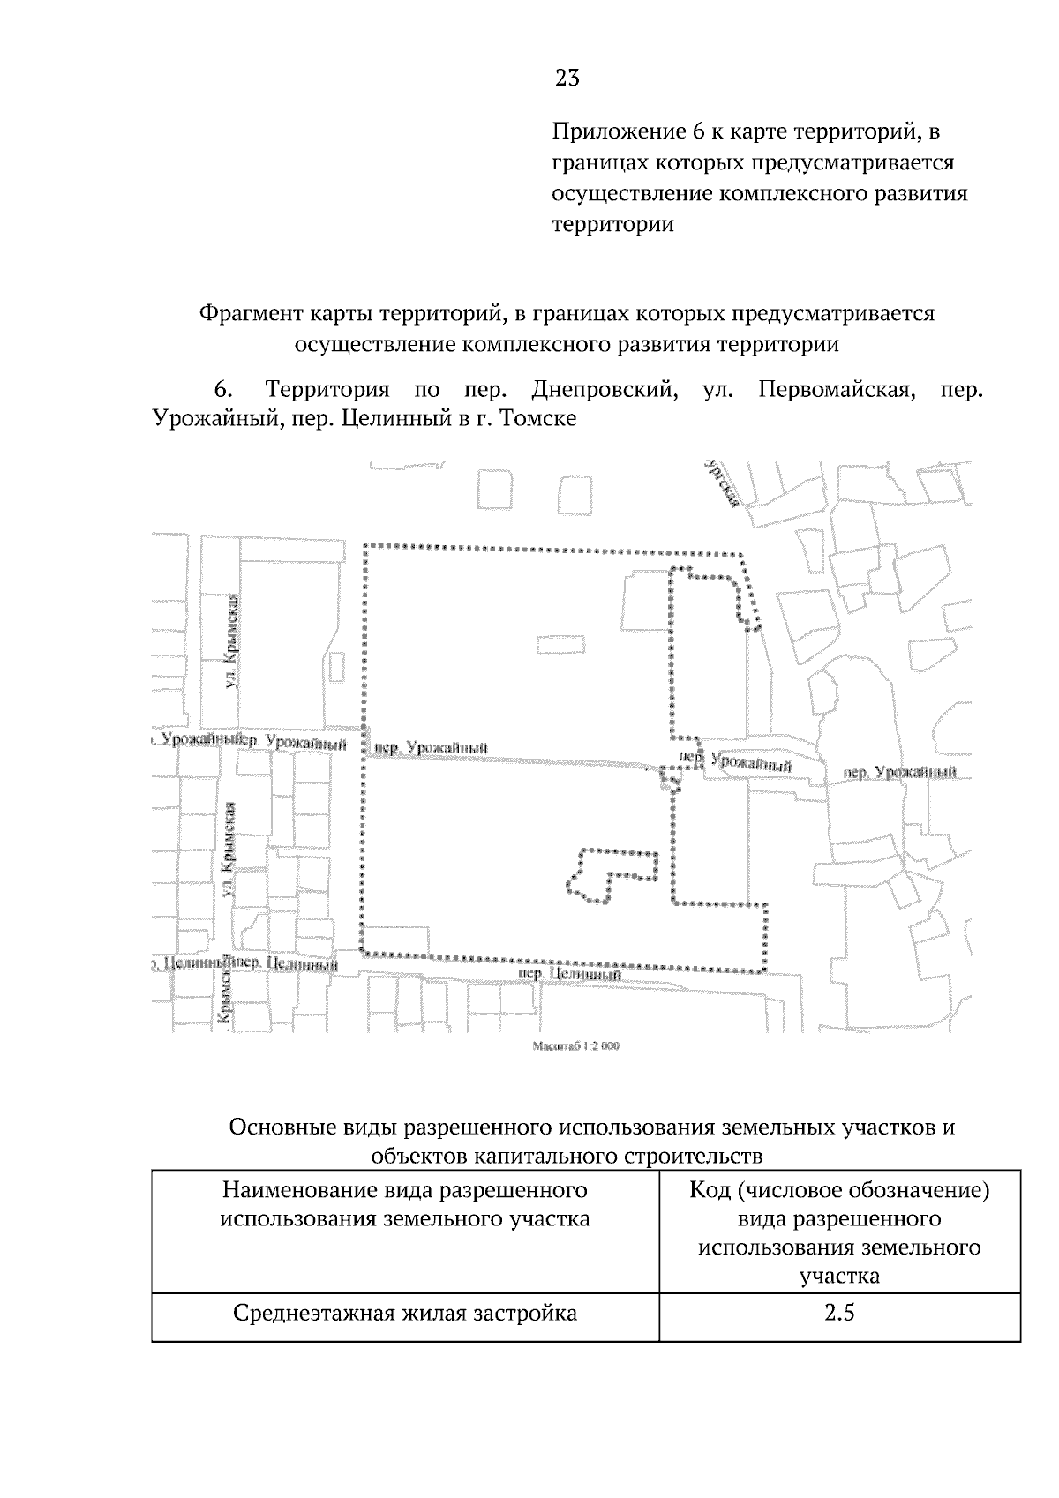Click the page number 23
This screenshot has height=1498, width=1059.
[567, 79]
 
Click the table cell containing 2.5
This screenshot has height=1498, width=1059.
[839, 1313]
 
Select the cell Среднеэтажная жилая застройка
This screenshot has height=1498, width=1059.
[405, 1313]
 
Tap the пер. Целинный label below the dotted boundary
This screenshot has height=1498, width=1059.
[566, 974]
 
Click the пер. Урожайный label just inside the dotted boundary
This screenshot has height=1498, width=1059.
[432, 749]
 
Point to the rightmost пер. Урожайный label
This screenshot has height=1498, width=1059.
[900, 773]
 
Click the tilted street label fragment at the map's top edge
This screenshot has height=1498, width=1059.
[722, 483]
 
